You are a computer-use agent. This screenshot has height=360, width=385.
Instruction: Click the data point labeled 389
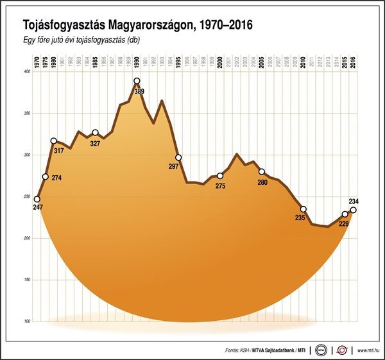point(137,81)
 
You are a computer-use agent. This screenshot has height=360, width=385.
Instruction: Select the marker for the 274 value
point(46,176)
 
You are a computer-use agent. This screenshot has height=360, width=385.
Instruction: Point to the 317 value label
point(60,151)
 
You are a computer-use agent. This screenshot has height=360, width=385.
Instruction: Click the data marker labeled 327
point(95,133)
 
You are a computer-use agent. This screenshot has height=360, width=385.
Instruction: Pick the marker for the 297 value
point(178,157)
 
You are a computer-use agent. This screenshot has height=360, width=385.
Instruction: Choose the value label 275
point(220,185)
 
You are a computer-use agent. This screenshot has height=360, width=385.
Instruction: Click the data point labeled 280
point(262,171)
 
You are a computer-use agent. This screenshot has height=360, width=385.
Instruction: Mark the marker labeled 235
point(304,209)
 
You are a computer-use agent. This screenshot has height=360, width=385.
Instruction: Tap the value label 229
point(344,223)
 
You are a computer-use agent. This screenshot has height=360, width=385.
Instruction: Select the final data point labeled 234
point(354,210)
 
